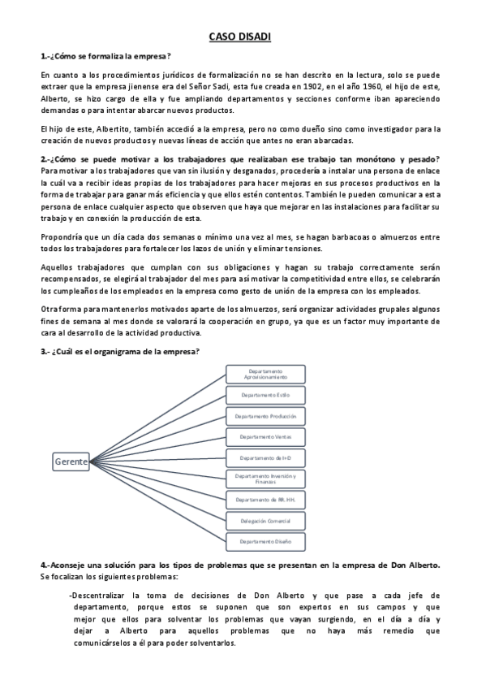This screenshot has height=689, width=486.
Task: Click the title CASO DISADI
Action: [243, 37]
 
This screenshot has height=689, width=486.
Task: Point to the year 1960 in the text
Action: [403, 85]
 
